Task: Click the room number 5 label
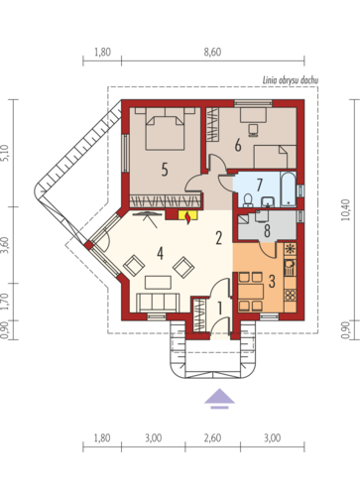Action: click(x=165, y=170)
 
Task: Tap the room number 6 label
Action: click(x=238, y=145)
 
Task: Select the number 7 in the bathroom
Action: click(x=260, y=185)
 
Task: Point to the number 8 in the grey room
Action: click(x=267, y=231)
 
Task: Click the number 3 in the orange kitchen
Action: click(x=272, y=282)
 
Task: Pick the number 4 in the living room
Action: click(x=161, y=254)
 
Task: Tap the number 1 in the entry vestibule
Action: click(x=219, y=308)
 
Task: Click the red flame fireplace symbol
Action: click(x=188, y=217)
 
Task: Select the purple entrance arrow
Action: click(x=219, y=399)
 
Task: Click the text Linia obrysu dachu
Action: click(x=291, y=80)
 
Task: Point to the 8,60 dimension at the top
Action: click(x=212, y=53)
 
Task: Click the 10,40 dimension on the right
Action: click(x=346, y=209)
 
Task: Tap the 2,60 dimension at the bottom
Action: click(x=212, y=438)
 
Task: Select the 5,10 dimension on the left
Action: click(x=4, y=153)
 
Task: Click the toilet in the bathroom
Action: click(x=248, y=199)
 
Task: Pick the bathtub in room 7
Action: click(x=289, y=189)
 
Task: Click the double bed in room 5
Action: click(x=166, y=129)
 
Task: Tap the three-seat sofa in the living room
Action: click(x=158, y=303)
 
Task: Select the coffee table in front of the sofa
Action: click(x=158, y=283)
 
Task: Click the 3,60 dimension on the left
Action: click(x=4, y=245)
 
